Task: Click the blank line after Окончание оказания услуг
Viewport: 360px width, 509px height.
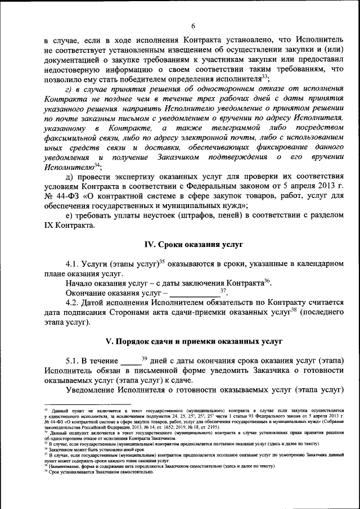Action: tap(194, 294)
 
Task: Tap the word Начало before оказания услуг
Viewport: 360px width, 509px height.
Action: tap(79, 283)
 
